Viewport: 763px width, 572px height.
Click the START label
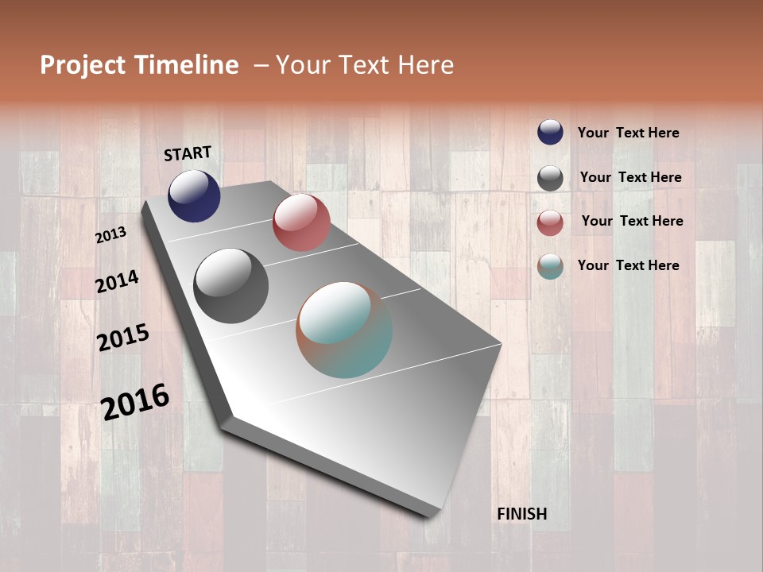click(x=188, y=153)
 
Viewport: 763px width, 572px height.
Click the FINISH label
click(x=522, y=514)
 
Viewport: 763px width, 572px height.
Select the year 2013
click(x=110, y=234)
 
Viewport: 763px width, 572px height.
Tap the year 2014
click(x=117, y=281)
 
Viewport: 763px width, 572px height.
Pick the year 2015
click(x=123, y=338)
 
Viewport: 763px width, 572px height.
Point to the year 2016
click(x=135, y=401)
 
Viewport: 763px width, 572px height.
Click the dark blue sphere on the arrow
click(x=194, y=195)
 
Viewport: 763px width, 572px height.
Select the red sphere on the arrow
click(x=301, y=222)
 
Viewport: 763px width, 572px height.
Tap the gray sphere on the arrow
click(x=230, y=286)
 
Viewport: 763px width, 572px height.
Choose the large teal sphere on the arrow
click(x=344, y=330)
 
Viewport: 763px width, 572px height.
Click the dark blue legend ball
click(x=550, y=132)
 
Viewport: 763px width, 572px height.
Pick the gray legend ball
click(x=550, y=178)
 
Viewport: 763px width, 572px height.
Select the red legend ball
click(x=550, y=222)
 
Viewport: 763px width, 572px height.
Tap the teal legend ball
click(x=550, y=266)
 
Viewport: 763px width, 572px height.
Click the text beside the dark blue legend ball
click(x=628, y=133)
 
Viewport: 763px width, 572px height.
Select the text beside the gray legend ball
click(x=630, y=178)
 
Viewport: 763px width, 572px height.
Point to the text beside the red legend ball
click(x=632, y=221)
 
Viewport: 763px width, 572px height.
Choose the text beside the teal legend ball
click(x=628, y=265)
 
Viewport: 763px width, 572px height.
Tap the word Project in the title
click(x=82, y=65)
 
